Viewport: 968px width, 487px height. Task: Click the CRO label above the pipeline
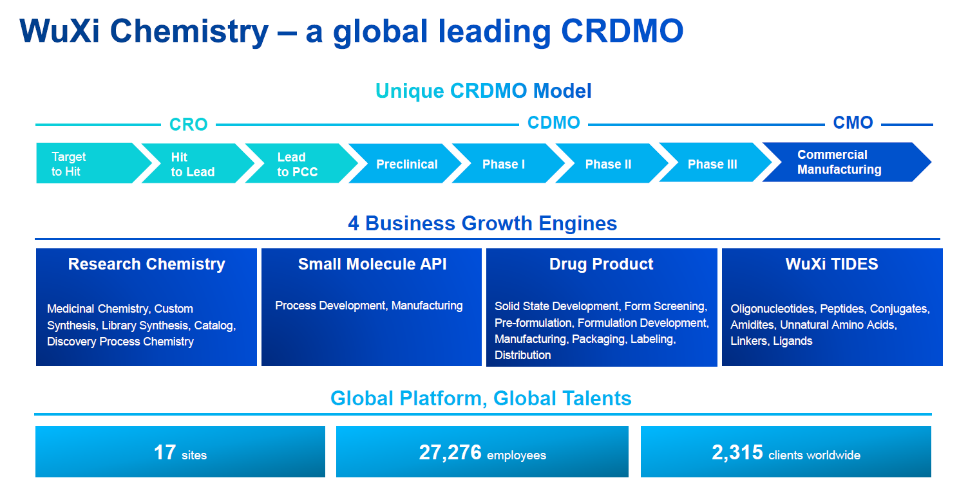(189, 125)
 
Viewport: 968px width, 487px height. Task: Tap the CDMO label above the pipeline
(554, 123)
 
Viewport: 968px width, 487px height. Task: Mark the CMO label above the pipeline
(853, 123)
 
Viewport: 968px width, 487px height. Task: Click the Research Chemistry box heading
(146, 264)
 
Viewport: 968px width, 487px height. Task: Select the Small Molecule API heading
(372, 264)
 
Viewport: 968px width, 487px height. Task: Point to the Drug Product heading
(601, 264)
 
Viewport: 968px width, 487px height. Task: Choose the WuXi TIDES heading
(832, 264)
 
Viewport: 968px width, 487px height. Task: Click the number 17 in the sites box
(165, 452)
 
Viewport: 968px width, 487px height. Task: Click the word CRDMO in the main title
(622, 31)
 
